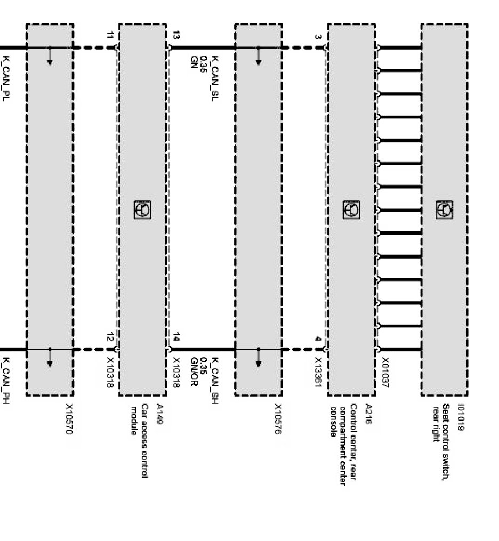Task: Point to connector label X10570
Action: click(69, 419)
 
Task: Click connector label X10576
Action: click(278, 419)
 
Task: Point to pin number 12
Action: click(110, 337)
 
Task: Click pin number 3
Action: click(318, 37)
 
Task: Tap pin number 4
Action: click(318, 339)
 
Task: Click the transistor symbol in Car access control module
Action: click(142, 209)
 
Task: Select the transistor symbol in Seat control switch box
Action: click(444, 209)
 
